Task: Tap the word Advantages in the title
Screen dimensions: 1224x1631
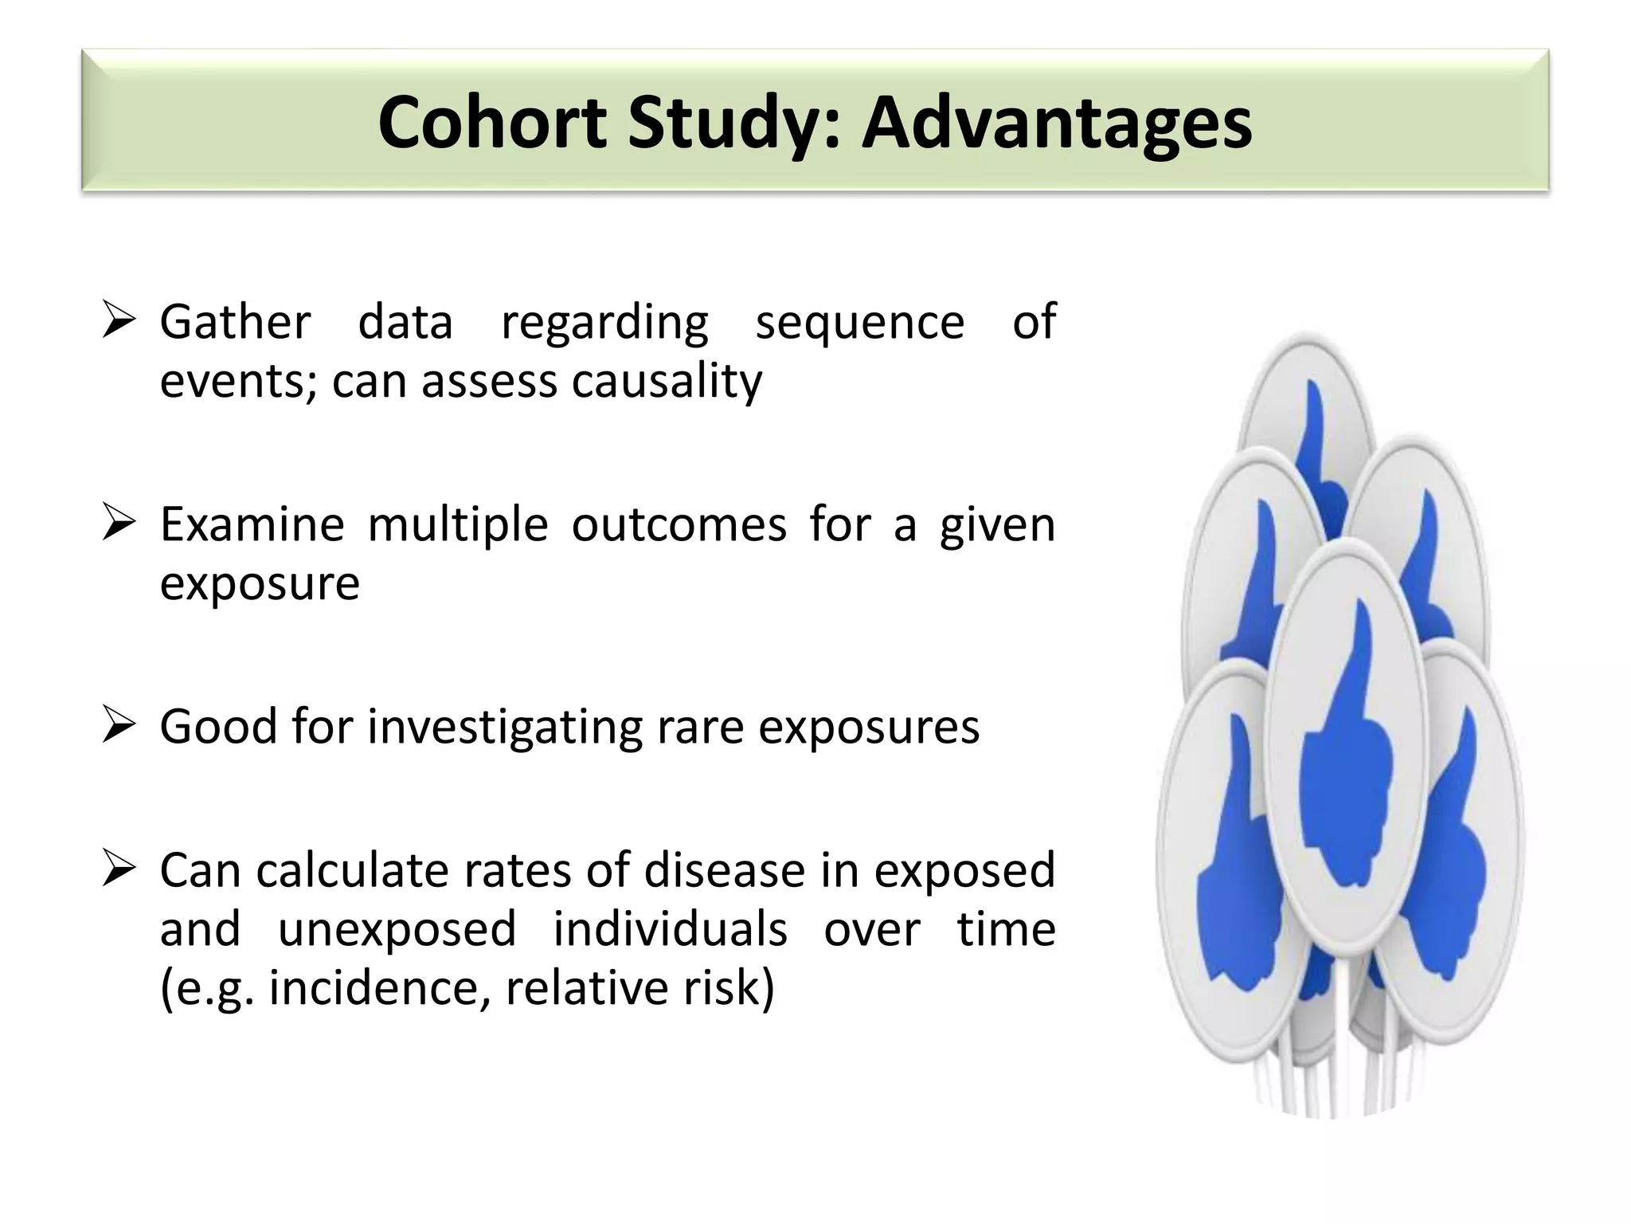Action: (1057, 124)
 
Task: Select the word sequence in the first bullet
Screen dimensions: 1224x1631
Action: (859, 322)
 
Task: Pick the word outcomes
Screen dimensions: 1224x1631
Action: (679, 524)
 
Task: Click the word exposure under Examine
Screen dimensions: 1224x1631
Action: (260, 583)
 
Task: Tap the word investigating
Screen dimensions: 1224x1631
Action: (504, 728)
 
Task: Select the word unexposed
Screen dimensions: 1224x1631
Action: (397, 928)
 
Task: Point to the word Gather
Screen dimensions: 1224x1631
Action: (235, 322)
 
